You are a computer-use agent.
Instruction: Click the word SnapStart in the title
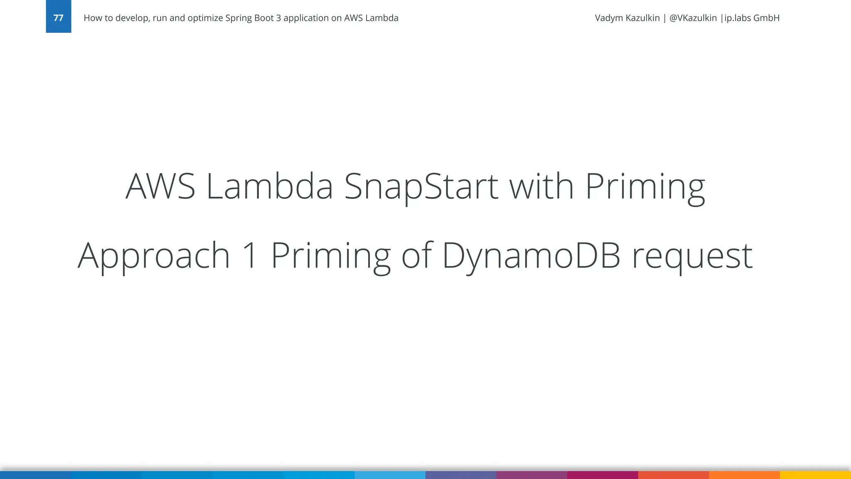coord(421,187)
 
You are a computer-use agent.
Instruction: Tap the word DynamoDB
coord(531,256)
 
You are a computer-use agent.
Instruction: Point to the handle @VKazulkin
coord(693,18)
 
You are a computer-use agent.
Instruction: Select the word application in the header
coord(306,18)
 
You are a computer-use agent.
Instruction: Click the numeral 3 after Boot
coord(278,18)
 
